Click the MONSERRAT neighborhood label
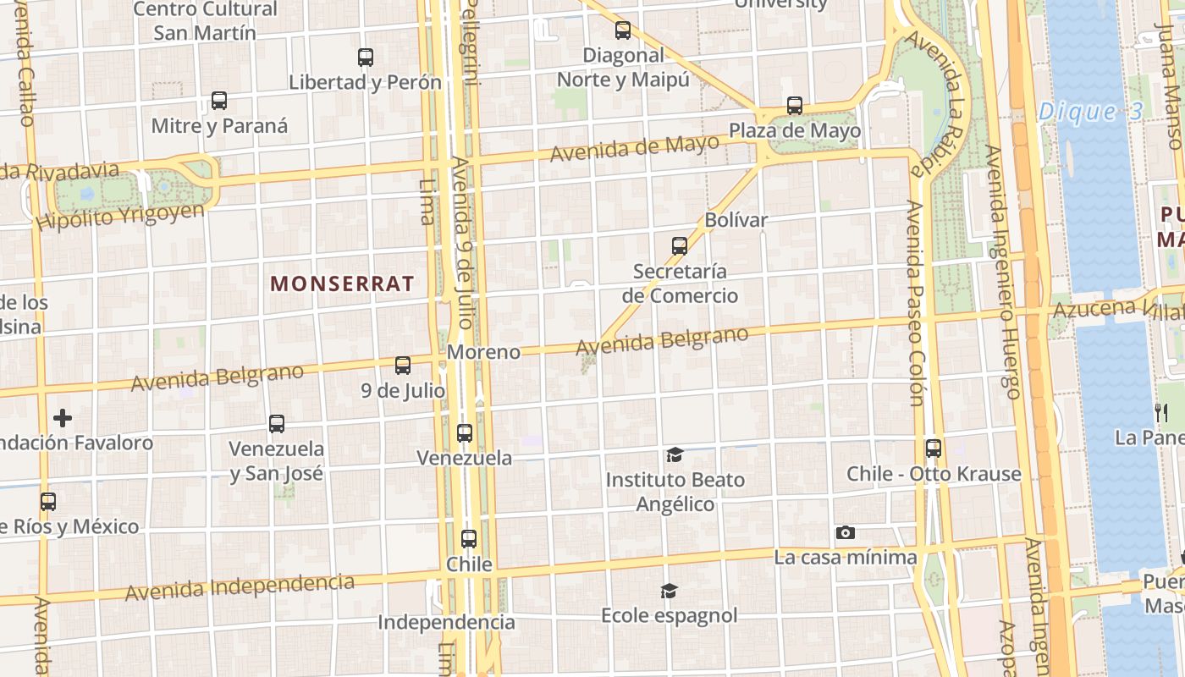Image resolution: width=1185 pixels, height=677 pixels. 342,283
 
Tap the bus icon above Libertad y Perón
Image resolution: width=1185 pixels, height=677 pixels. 366,58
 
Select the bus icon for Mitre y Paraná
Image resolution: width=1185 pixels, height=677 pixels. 219,101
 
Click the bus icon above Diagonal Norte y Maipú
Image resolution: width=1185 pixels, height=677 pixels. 623,30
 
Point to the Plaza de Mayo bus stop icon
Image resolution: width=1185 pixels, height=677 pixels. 794,106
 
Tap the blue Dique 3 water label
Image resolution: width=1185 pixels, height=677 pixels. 1090,111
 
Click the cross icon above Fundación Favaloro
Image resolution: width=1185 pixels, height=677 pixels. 63,418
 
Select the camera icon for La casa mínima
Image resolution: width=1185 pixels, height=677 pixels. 845,532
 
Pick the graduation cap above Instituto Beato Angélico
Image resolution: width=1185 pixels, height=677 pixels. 675,455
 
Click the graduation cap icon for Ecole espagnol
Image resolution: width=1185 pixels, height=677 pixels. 670,591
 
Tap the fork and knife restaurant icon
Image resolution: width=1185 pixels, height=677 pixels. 1160,412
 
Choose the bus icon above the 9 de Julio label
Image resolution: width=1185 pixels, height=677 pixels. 403,366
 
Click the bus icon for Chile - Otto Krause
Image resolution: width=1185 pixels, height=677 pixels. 934,449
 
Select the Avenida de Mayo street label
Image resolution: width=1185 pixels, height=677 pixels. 634,148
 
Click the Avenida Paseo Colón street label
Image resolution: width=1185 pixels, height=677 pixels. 916,303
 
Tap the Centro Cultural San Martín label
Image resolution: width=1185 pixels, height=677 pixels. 205,21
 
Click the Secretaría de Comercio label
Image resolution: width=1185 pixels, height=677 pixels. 680,283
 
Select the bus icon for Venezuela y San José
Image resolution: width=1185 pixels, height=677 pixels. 277,424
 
